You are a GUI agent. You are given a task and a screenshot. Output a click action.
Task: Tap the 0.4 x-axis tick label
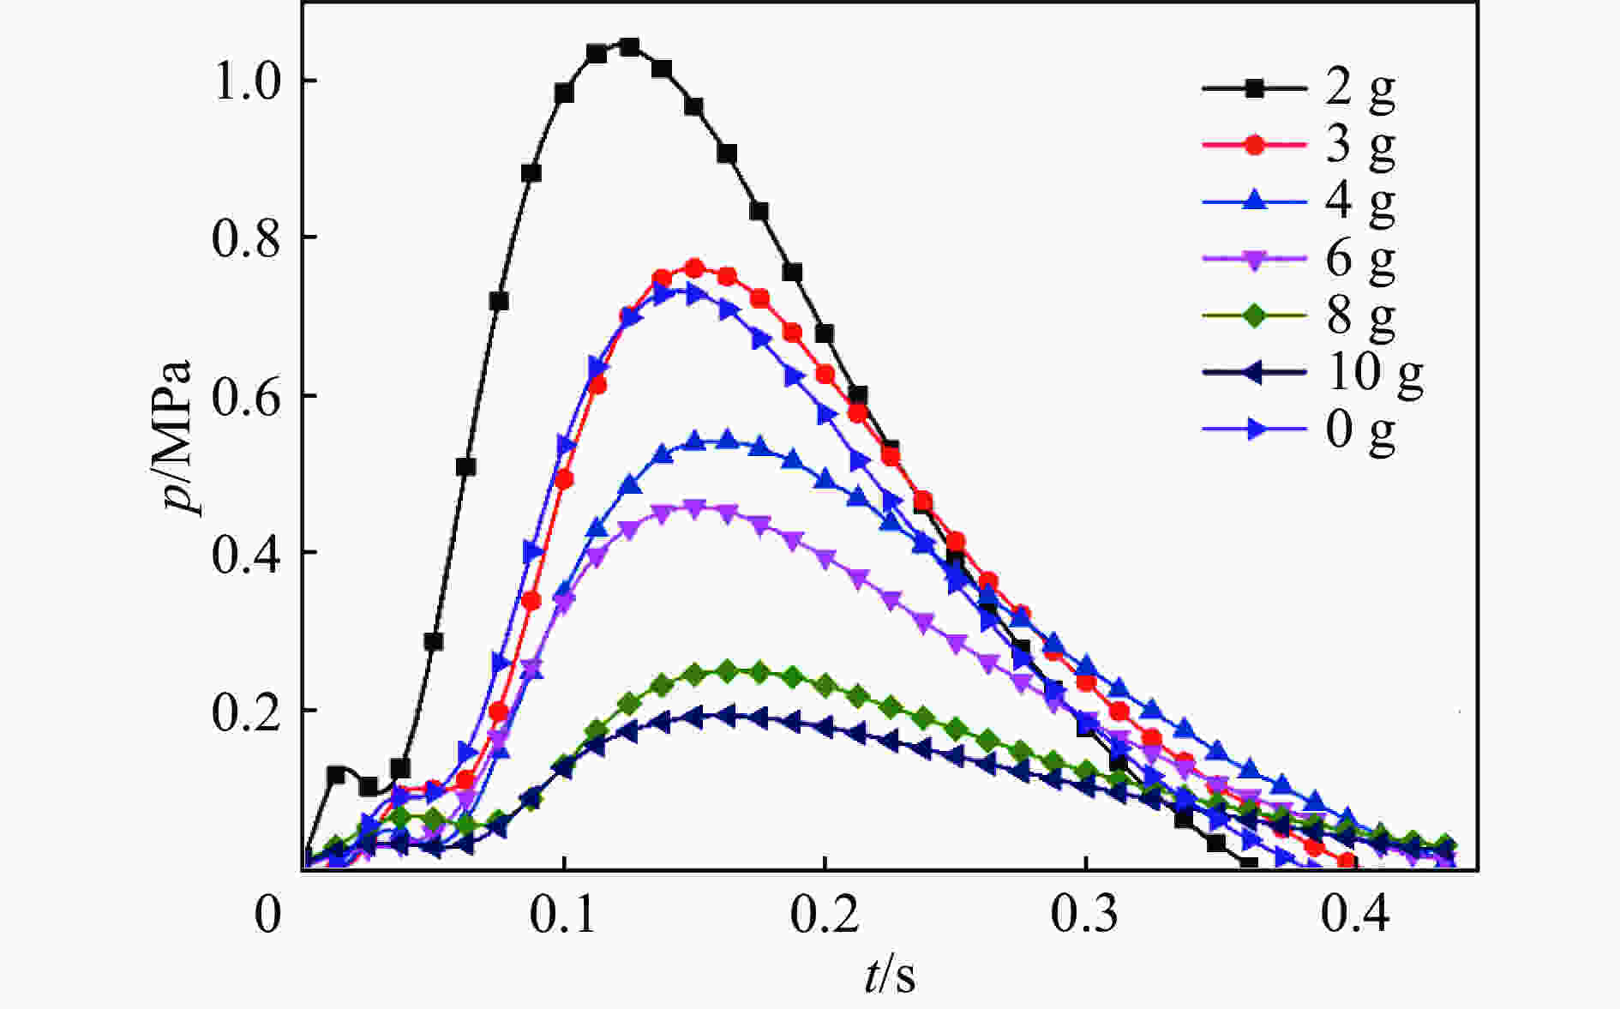pos(1355,916)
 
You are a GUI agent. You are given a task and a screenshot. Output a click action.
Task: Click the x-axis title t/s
pos(889,976)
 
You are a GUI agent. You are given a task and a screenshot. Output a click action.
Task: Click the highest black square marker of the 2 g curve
pos(629,46)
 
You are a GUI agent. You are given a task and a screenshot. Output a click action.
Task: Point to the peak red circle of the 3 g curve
pos(695,268)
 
